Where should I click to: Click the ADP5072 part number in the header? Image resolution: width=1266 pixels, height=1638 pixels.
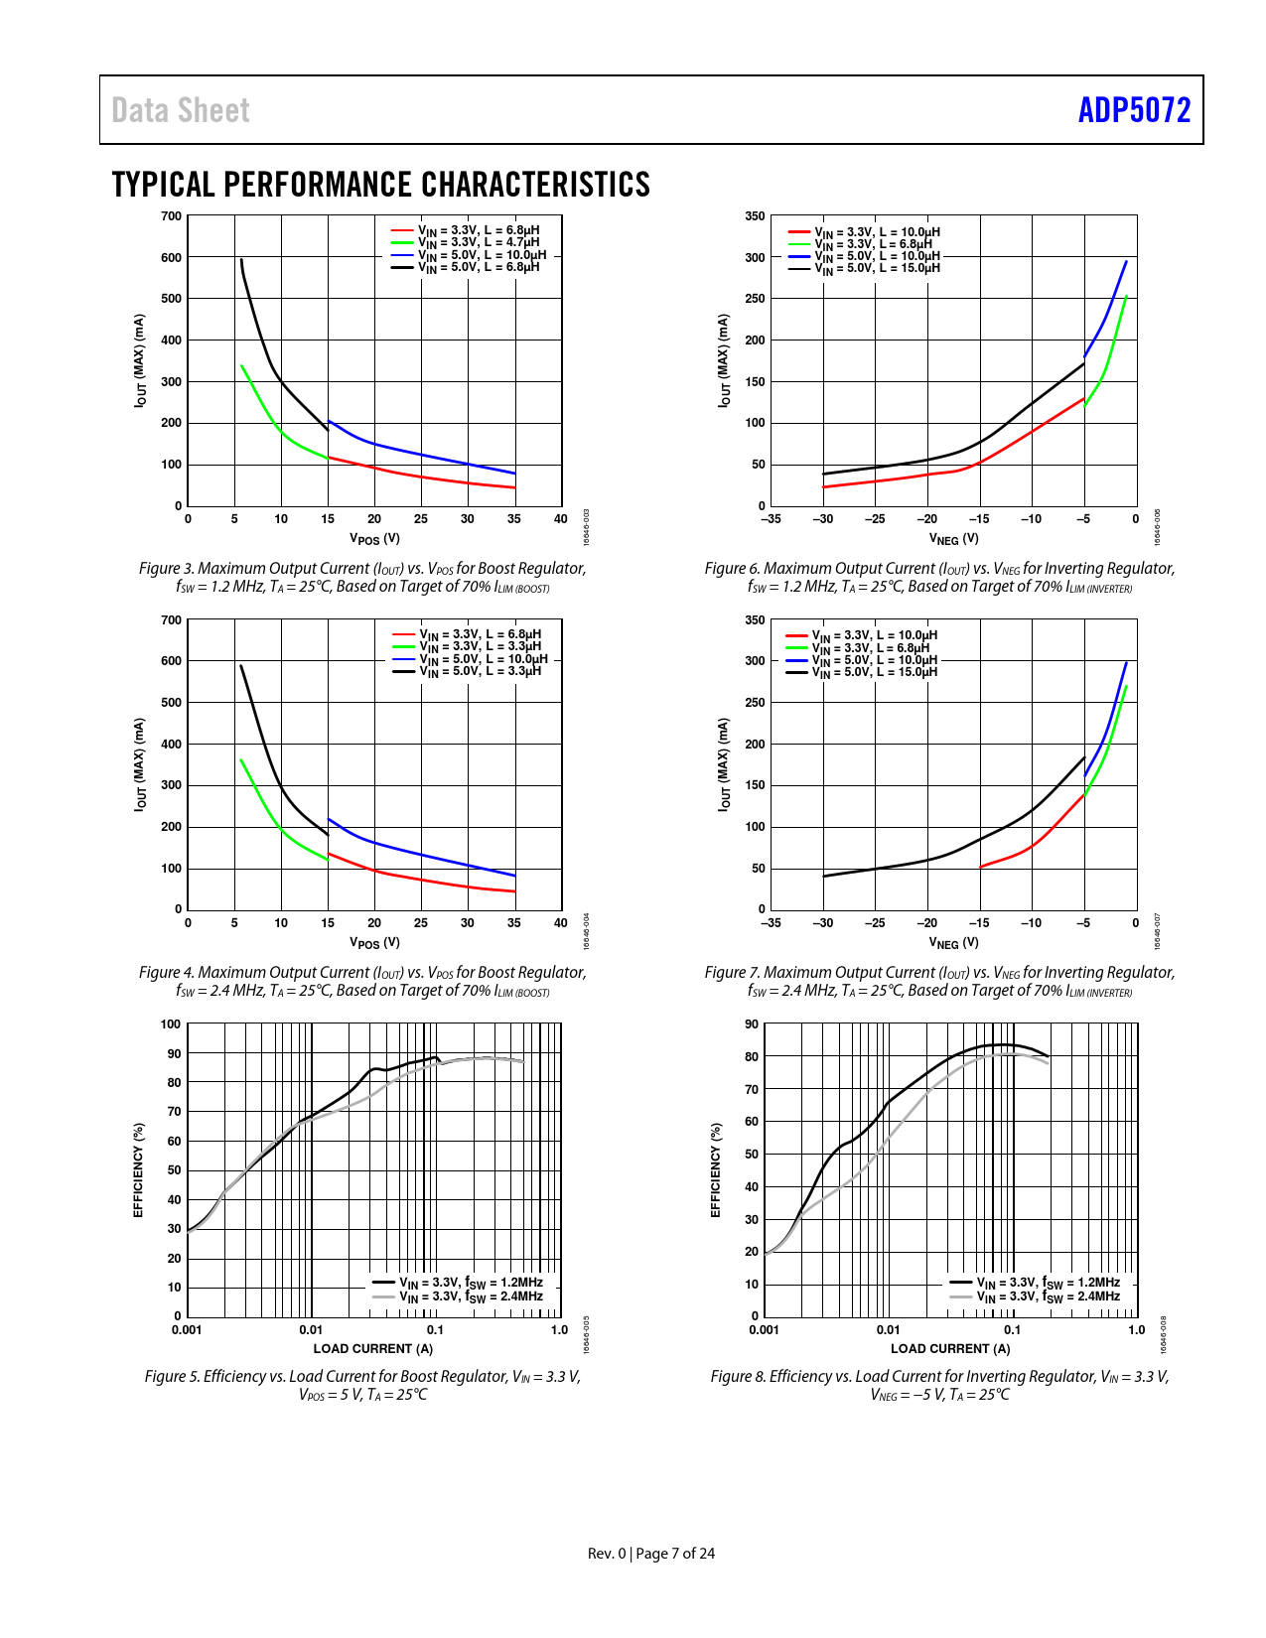pyautogui.click(x=1134, y=110)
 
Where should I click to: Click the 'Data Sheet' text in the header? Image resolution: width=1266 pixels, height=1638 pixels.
pyautogui.click(x=181, y=110)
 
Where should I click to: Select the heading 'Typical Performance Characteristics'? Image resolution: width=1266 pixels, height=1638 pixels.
pyautogui.click(x=380, y=185)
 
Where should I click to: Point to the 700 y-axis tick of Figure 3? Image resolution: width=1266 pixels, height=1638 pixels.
pyautogui.click(x=171, y=216)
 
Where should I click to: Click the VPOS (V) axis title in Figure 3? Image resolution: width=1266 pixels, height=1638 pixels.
pyautogui.click(x=374, y=539)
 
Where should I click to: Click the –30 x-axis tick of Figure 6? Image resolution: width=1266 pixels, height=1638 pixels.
pyautogui.click(x=822, y=519)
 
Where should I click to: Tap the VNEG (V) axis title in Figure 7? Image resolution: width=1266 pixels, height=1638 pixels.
pyautogui.click(x=953, y=942)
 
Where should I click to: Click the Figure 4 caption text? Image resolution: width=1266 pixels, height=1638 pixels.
pyautogui.click(x=362, y=981)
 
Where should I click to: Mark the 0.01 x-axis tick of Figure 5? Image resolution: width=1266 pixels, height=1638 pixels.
pyautogui.click(x=311, y=1330)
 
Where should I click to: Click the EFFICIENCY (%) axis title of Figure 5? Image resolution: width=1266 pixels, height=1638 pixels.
pyautogui.click(x=139, y=1170)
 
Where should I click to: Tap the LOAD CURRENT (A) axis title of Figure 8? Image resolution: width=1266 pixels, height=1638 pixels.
pyautogui.click(x=950, y=1348)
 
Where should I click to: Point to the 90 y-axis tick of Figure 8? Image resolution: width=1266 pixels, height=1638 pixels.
pyautogui.click(x=752, y=1024)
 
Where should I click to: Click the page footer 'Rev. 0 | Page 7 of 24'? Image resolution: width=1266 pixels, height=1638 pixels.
pyautogui.click(x=651, y=1554)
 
